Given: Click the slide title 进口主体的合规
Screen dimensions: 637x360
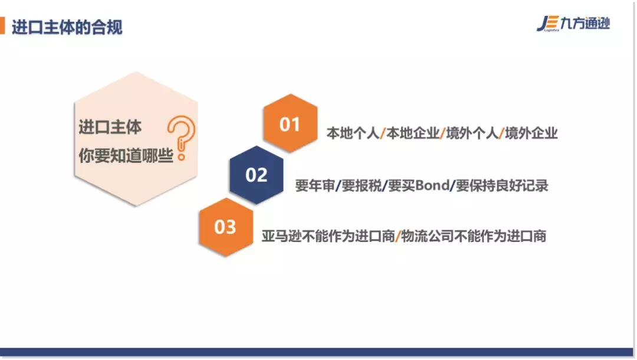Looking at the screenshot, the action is coord(67,27).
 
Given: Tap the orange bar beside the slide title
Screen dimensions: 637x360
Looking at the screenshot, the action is coord(2,25).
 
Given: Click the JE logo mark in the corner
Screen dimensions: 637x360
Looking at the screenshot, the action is coord(548,24).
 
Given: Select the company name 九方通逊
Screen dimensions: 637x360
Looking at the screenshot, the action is coord(586,23).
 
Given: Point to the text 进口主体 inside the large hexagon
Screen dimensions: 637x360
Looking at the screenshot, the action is coord(110,127).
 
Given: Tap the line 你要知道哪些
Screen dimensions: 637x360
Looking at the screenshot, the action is coord(126,155).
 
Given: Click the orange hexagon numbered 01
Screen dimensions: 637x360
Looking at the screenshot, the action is coord(290,123).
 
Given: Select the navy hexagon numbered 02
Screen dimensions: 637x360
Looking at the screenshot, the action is coord(257,175).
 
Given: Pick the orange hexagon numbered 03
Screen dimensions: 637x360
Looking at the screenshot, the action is coord(225,227).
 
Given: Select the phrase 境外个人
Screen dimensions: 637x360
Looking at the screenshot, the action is coord(472,133).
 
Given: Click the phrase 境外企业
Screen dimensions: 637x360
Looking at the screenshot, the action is coord(531,133).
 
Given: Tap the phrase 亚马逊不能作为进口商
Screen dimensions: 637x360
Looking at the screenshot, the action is coord(329,235).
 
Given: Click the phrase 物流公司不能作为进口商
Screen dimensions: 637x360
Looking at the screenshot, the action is coord(474,235).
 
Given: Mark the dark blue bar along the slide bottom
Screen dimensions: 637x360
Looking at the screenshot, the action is coord(317,352).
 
